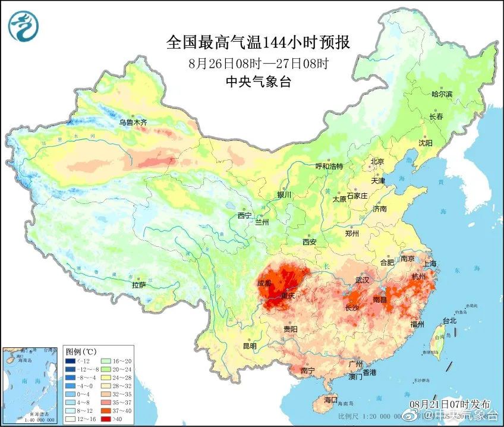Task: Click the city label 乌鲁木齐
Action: [x=132, y=123]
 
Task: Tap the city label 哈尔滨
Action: [x=442, y=94]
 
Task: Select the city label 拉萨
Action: [x=138, y=285]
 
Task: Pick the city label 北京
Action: [x=378, y=161]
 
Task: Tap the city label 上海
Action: [x=429, y=263]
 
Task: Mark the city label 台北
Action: [x=449, y=321]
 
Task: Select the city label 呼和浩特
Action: [x=329, y=167]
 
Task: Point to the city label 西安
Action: [x=309, y=242]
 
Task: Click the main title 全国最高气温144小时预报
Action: [x=258, y=43]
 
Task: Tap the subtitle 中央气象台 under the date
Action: [x=259, y=83]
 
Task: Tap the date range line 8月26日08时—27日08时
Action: [x=258, y=64]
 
